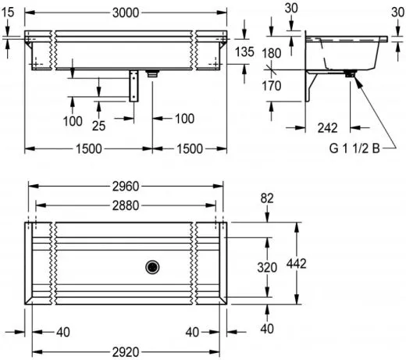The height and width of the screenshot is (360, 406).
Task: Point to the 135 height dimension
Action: [244, 52]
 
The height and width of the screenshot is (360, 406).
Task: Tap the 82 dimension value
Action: [267, 201]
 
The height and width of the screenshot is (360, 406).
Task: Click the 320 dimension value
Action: [267, 267]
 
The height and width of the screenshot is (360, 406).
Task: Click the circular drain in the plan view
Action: [151, 267]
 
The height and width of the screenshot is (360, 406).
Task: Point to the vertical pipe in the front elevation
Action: [134, 87]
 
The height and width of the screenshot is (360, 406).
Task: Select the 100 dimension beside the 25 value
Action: [72, 121]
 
